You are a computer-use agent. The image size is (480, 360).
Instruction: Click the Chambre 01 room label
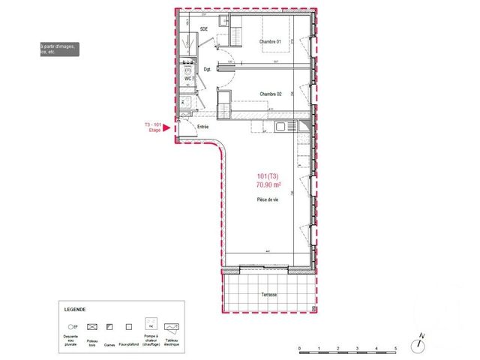(269, 41)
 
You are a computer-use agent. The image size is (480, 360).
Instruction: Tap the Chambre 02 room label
(270, 94)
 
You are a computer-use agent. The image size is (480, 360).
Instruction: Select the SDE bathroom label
(203, 29)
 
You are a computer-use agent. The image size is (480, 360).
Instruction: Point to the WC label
(187, 78)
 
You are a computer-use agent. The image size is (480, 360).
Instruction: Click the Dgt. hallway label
(207, 70)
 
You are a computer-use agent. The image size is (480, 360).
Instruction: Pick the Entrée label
(202, 127)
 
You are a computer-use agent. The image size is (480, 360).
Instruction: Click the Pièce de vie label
(268, 198)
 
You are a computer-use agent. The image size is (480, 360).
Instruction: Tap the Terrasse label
(268, 295)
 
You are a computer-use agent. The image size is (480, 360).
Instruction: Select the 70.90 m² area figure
(268, 184)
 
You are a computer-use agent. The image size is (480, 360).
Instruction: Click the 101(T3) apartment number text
(267, 176)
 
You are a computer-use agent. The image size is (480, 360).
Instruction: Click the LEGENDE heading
(74, 309)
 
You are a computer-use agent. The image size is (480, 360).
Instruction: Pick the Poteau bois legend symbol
(93, 327)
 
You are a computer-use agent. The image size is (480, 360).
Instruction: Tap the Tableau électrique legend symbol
(172, 327)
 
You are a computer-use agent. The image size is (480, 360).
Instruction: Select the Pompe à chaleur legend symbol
(150, 326)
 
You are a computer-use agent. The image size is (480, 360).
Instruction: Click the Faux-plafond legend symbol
(130, 327)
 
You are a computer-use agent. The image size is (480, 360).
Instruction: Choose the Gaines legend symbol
(111, 327)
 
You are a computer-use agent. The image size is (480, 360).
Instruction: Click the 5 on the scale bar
(394, 348)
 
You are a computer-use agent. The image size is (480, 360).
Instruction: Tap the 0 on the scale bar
(299, 348)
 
